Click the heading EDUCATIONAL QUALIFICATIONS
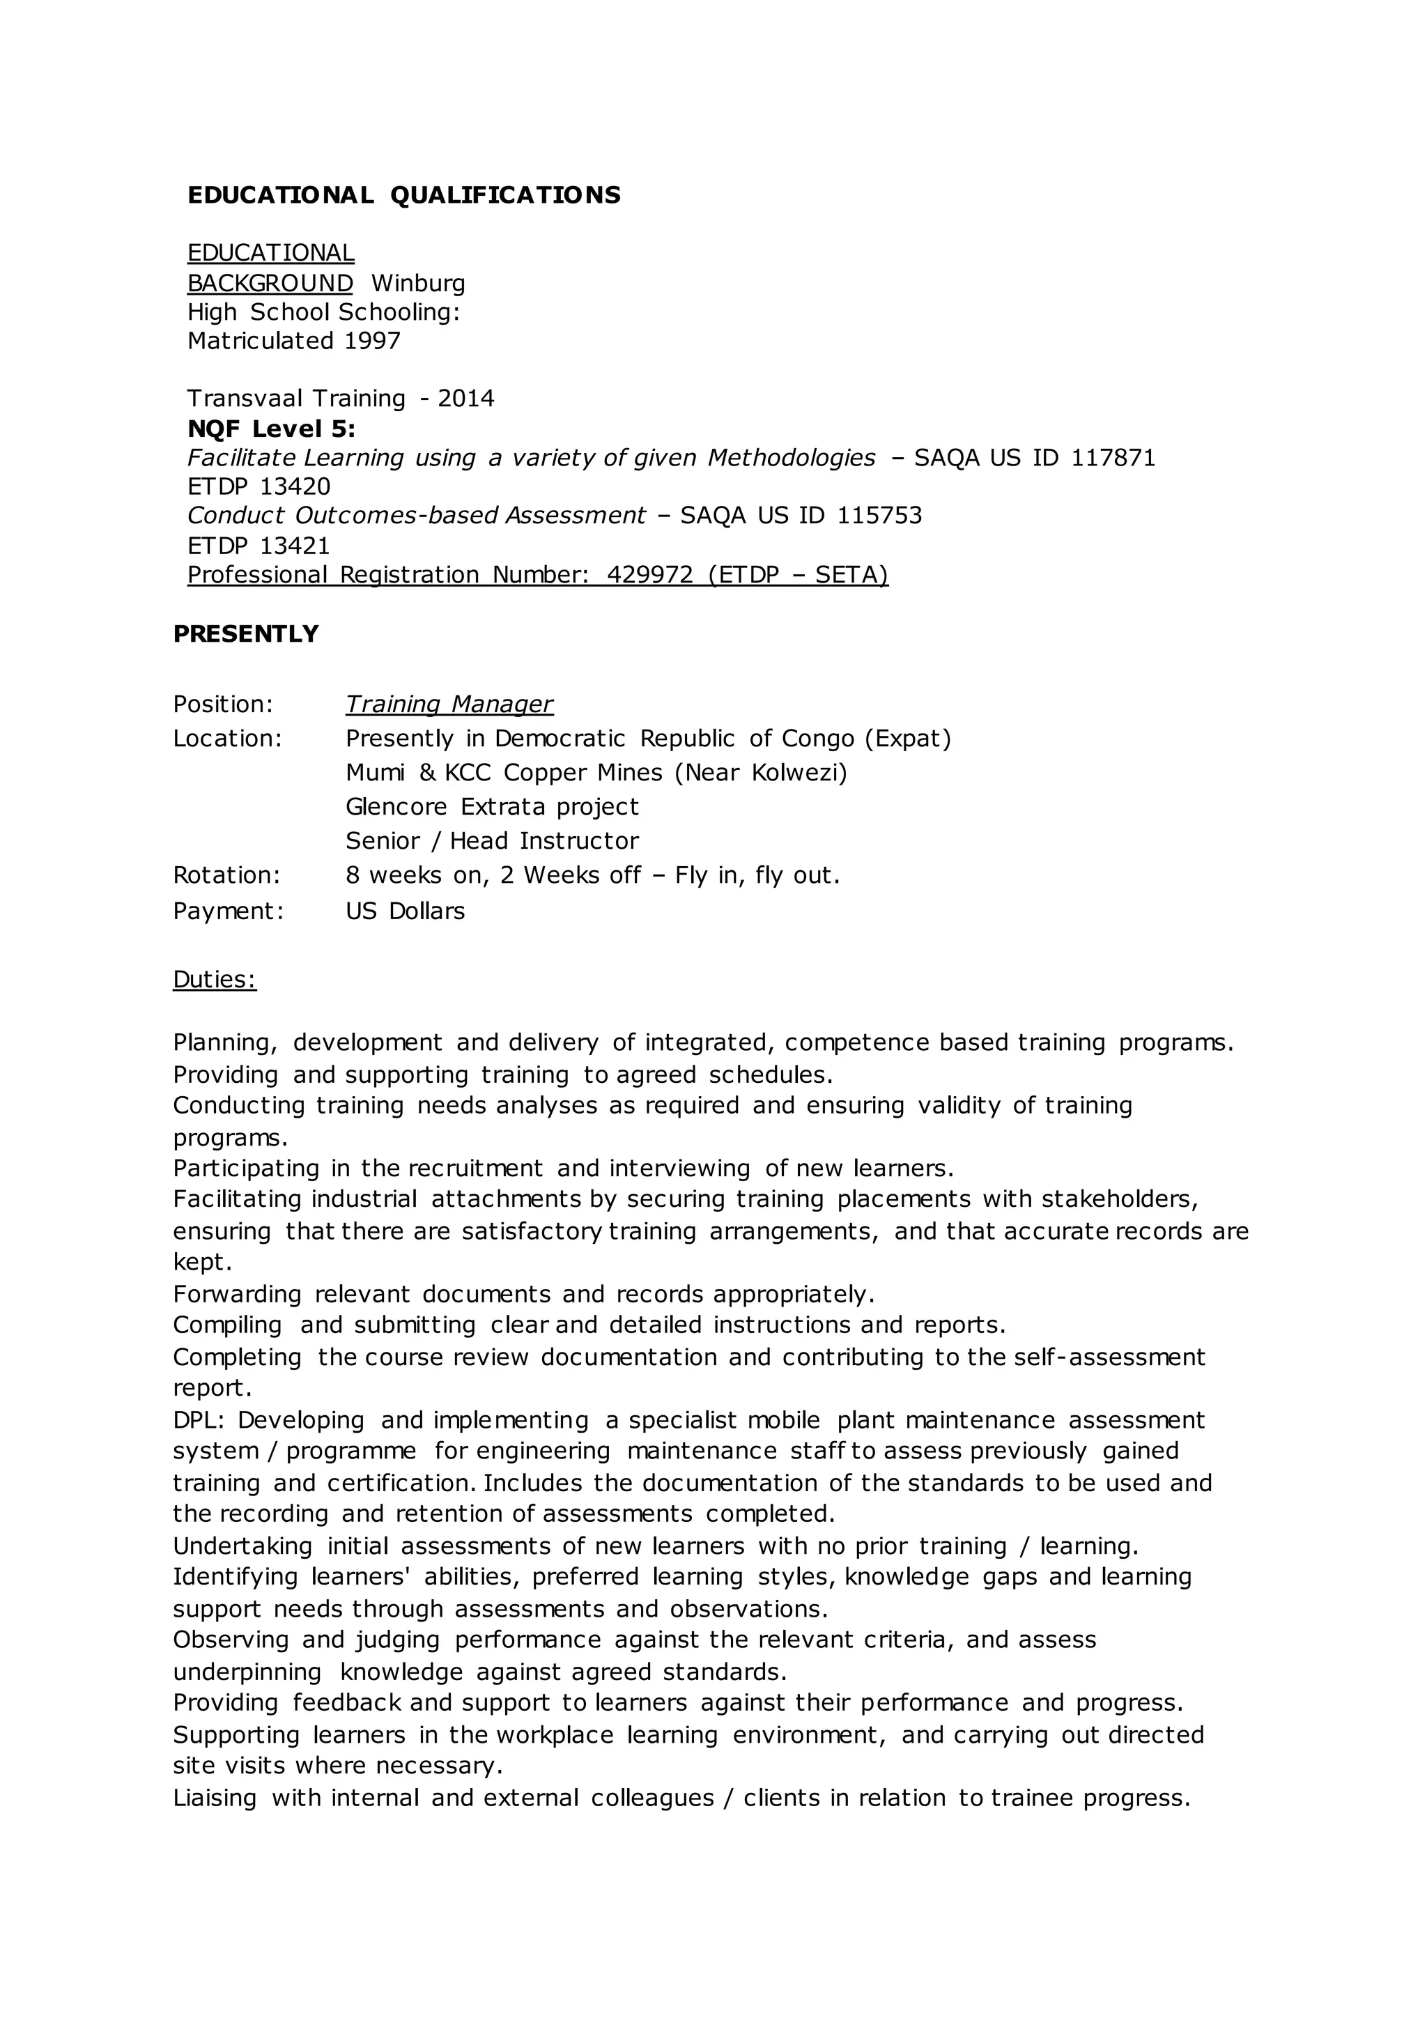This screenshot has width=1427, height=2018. pos(404,195)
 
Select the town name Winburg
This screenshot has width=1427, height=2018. pos(418,284)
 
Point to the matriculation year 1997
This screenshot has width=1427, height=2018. pos(373,341)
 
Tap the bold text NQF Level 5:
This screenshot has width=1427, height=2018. pos(272,429)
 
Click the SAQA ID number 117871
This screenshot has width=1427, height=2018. pos(1113,458)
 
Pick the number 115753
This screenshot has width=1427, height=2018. pos(879,515)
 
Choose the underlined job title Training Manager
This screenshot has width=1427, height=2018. pos(449,704)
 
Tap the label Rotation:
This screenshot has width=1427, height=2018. pos(226,875)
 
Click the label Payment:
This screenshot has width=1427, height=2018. pos(229,911)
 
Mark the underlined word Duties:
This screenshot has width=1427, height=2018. pos(215,980)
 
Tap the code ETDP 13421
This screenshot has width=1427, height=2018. pos(259,546)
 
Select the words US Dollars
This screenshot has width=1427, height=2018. pos(405,911)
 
